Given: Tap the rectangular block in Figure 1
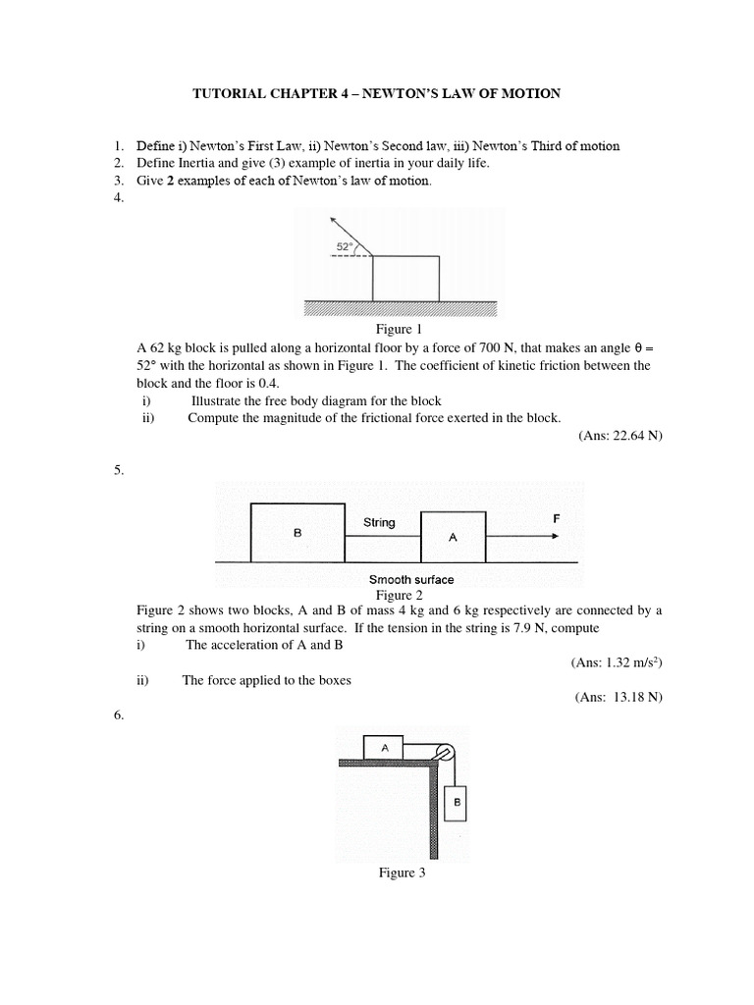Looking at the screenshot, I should [x=405, y=278].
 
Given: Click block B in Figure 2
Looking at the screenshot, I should [x=297, y=531].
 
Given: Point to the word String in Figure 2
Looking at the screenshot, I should [x=379, y=522].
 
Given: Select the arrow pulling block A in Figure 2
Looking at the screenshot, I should [x=523, y=536].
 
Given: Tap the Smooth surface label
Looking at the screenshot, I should [x=411, y=579].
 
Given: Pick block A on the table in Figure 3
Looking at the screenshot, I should [x=385, y=747].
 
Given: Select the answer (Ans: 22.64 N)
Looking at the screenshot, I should [x=620, y=436].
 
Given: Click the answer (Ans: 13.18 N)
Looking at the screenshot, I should [x=619, y=698].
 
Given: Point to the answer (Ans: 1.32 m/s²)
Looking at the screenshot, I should [x=617, y=663].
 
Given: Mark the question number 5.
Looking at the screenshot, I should [x=119, y=470].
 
